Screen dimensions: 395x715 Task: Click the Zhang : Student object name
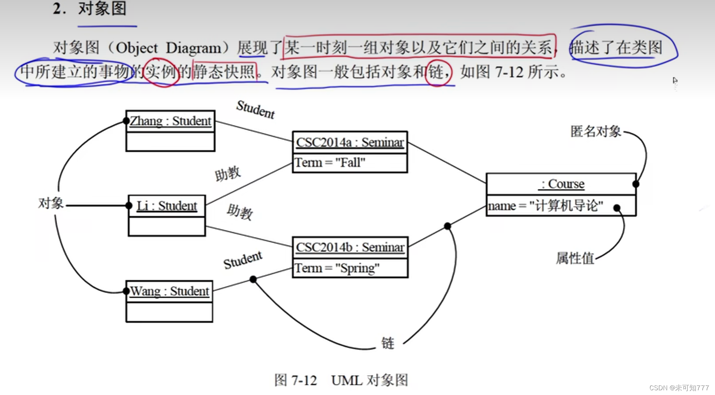171,121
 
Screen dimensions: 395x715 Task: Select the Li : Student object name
167,206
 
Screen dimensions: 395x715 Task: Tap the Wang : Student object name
169,291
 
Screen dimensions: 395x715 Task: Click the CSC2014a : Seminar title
350,142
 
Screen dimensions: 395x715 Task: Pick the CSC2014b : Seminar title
350,248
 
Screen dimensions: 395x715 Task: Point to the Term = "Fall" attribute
330,163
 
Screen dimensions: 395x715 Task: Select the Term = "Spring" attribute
337,268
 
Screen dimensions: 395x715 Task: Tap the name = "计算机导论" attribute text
546,206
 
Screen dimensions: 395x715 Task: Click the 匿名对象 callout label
595,131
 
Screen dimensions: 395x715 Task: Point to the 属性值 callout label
575,258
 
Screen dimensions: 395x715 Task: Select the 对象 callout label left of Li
51,203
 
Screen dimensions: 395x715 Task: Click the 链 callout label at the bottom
388,343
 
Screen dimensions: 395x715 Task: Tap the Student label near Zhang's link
255,109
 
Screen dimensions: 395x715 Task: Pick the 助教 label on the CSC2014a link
227,174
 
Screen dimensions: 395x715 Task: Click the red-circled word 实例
161,72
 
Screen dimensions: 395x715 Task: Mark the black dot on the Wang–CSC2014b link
253,280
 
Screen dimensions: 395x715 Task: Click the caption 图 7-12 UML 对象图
341,380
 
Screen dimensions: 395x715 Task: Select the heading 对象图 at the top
102,8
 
